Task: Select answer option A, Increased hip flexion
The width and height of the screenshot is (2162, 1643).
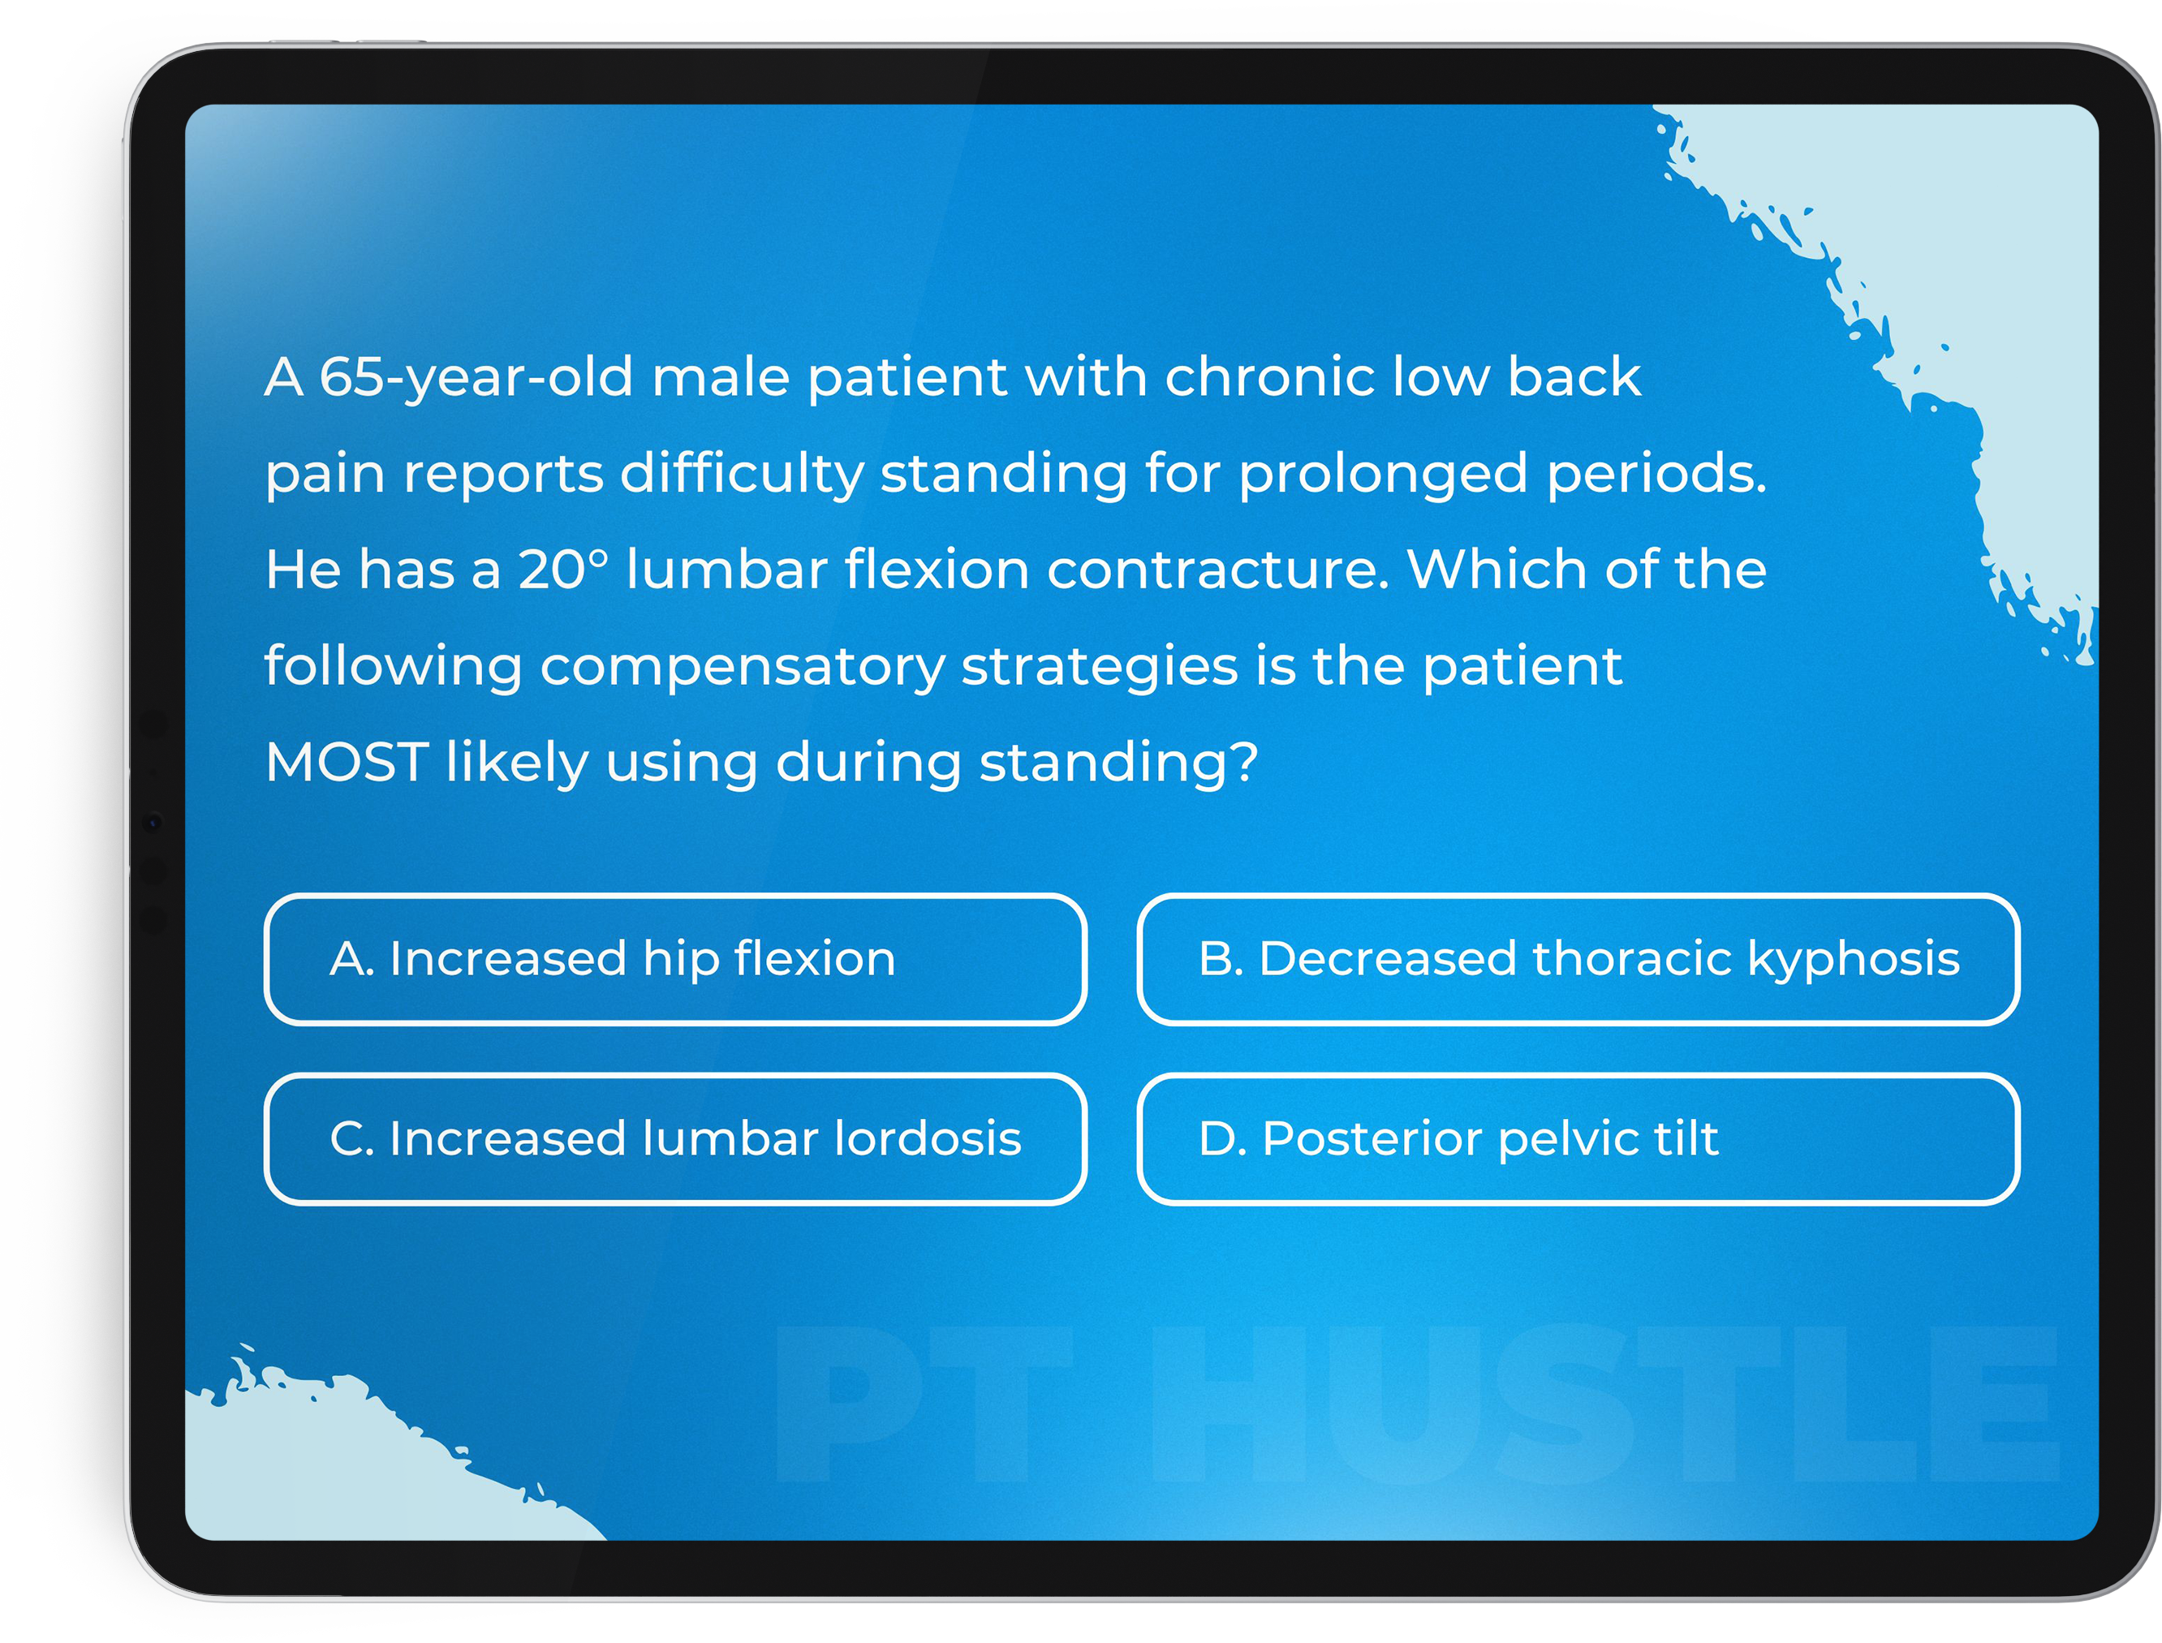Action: pos(675,959)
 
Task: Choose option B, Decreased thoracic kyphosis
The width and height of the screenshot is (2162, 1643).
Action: pos(1578,959)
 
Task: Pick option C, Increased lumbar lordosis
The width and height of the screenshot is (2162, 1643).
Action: pos(675,1139)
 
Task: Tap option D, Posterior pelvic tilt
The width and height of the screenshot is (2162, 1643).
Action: pos(1578,1139)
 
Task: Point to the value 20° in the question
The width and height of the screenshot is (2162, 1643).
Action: pos(562,570)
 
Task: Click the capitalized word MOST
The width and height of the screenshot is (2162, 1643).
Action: pos(347,762)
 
